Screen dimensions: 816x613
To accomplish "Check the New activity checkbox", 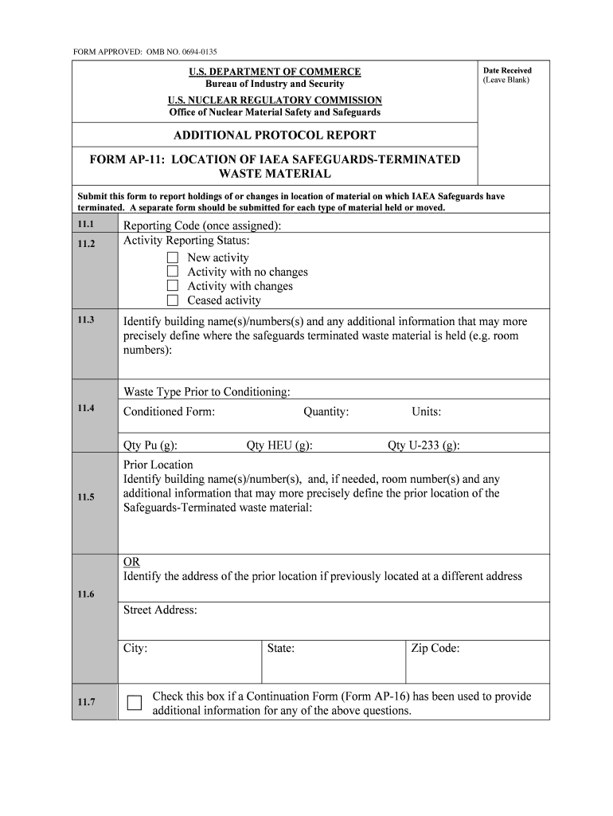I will point(173,257).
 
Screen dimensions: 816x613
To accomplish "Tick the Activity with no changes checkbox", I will point(173,272).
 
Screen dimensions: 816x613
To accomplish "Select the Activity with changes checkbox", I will point(173,286).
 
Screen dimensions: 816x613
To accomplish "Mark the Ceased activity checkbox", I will point(173,300).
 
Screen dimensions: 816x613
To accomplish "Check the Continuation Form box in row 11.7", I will point(135,703).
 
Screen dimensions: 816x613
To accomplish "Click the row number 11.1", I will point(86,225).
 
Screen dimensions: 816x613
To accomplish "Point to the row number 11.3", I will point(86,320).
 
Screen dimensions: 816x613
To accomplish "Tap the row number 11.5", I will point(86,498).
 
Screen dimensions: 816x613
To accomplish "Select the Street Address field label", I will point(160,610).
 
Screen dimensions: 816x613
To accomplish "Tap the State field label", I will point(281,649).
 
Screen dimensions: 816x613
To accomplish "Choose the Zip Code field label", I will point(435,649).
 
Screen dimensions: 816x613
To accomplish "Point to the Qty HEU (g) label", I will point(279,445).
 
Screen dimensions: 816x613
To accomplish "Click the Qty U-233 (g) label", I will point(423,445).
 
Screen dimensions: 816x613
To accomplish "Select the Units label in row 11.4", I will point(426,412).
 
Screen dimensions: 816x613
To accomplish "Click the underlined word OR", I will point(131,562).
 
